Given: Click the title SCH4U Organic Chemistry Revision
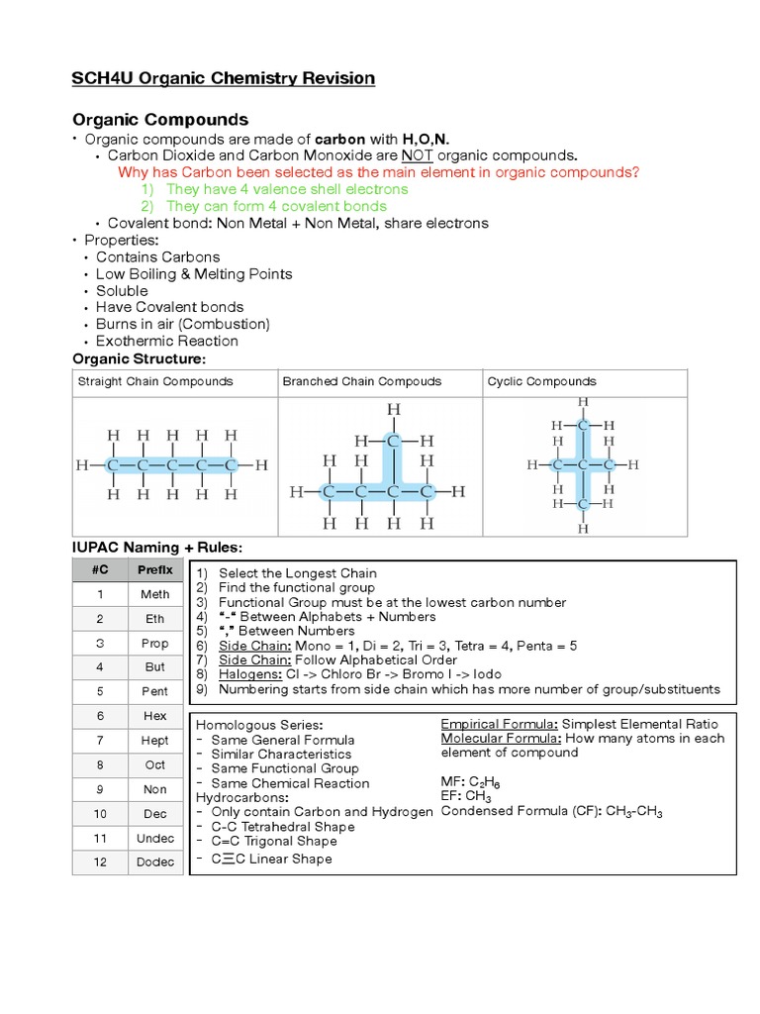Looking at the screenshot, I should click(x=224, y=78).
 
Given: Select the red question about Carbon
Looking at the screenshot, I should click(x=378, y=172).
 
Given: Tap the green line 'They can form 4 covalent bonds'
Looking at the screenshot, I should click(x=276, y=206).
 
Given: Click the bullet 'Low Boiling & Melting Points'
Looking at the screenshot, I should click(x=194, y=273).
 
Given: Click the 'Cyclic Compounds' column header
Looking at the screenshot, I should click(x=541, y=381).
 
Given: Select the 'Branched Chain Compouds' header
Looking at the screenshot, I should click(x=362, y=381).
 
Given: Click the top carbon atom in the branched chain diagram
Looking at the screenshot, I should click(x=394, y=441).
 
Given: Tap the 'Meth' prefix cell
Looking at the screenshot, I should click(x=154, y=594).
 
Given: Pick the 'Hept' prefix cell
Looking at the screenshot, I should click(x=154, y=740).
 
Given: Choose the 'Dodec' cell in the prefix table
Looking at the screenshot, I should click(x=154, y=862).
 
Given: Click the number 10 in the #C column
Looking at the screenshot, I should click(x=100, y=813).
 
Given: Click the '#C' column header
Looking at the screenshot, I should click(x=100, y=569).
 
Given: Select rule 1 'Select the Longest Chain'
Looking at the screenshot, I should click(x=297, y=573).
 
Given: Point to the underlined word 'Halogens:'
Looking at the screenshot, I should click(x=250, y=674).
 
